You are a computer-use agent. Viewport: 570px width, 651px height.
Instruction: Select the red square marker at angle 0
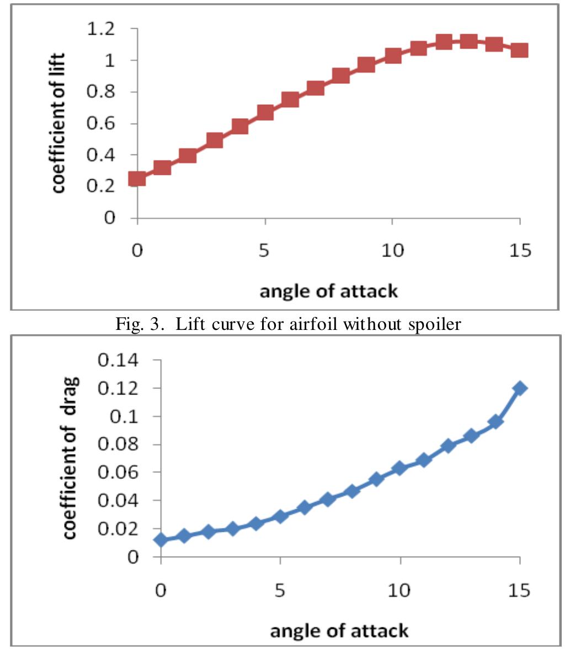137,179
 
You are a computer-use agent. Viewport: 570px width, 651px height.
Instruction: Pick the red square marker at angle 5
265,113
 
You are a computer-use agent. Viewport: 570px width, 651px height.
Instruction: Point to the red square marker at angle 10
393,56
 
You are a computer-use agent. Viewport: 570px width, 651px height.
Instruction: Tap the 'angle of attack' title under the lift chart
328,290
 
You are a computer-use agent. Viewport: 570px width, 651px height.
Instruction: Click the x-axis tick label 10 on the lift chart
392,251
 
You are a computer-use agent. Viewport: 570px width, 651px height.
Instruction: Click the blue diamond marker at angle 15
520,388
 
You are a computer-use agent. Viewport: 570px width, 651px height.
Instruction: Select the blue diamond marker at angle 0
161,540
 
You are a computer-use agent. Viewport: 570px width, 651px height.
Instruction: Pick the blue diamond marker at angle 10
400,469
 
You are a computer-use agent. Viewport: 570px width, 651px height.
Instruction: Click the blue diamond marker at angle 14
496,422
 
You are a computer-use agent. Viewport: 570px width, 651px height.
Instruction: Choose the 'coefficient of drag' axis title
70,458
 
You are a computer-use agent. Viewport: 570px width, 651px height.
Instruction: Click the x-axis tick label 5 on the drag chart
280,590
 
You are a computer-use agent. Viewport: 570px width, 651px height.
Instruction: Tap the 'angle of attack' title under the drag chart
339,630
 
